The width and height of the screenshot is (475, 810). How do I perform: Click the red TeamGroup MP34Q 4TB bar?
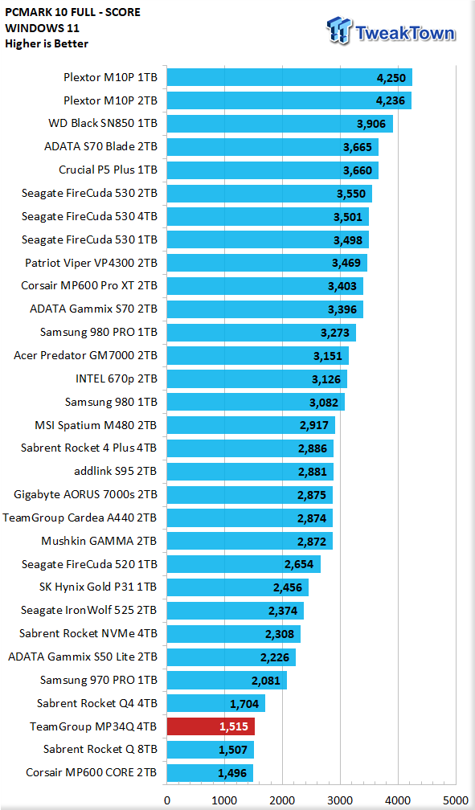(211, 726)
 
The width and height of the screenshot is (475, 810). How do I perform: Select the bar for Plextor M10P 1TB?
(289, 77)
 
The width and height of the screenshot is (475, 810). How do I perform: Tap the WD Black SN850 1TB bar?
(280, 124)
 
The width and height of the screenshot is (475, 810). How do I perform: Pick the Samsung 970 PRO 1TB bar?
(227, 681)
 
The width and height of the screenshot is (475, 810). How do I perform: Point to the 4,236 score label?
(391, 100)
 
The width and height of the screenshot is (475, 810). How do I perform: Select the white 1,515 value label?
(234, 726)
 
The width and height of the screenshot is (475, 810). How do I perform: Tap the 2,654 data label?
(299, 564)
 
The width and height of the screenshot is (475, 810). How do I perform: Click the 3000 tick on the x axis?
(340, 800)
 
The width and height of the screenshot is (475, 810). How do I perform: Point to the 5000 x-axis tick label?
(456, 800)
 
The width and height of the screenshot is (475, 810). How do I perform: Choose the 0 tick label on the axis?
(166, 800)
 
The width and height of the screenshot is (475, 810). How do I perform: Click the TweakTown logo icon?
(340, 31)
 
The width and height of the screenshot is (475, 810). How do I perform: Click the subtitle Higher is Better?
(47, 43)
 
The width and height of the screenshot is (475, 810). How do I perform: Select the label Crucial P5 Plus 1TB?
(108, 170)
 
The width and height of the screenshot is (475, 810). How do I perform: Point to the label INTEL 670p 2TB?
(117, 378)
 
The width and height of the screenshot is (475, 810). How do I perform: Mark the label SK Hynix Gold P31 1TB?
(98, 587)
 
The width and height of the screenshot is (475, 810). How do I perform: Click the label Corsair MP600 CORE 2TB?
(92, 773)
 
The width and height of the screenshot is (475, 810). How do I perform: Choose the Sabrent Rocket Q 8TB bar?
(210, 750)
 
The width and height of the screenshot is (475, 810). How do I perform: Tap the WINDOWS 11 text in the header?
(42, 28)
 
